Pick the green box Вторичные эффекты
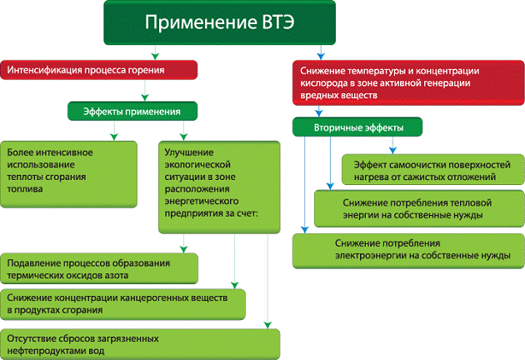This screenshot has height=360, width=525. pyautogui.click(x=357, y=127)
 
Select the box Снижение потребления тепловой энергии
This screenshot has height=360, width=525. pyautogui.click(x=412, y=208)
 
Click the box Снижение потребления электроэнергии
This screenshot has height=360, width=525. pyautogui.click(x=408, y=248)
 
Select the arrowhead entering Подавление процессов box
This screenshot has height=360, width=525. pyautogui.click(x=184, y=249)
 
